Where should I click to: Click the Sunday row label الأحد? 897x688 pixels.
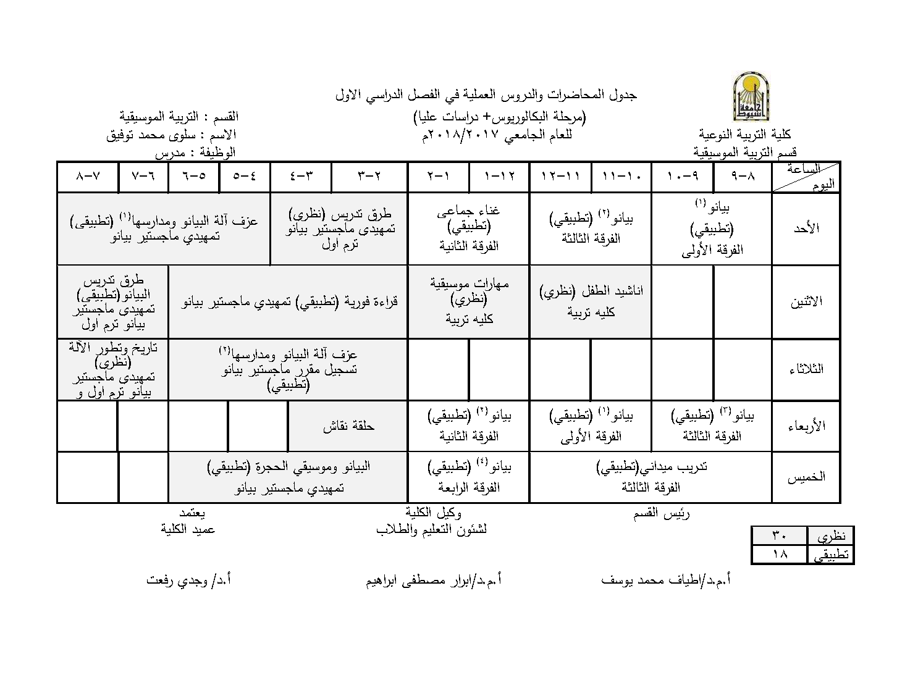pos(806,228)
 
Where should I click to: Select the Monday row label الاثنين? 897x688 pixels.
pos(806,302)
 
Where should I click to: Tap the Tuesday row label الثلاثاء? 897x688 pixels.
pos(806,369)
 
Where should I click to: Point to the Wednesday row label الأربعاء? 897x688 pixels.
pos(806,426)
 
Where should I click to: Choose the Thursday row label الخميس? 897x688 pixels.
pos(806,477)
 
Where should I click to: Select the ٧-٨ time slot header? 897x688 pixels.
pos(88,177)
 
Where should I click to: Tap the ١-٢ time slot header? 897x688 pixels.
pos(438,177)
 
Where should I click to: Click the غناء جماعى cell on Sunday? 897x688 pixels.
pos(468,228)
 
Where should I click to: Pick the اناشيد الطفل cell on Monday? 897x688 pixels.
pos(591,301)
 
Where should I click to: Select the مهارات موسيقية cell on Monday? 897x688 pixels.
pos(468,301)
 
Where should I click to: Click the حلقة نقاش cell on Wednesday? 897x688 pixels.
pos(348,426)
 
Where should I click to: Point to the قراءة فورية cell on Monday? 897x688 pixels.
pos(288,302)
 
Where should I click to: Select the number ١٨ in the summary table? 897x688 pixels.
pos(779,555)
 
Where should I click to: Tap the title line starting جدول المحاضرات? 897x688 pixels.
pos(486,95)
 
